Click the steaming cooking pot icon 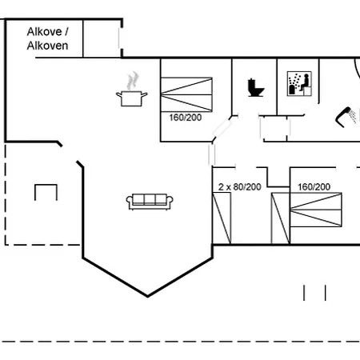point(131,90)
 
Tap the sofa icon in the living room point(150,202)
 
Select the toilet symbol point(255,87)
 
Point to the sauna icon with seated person point(299,83)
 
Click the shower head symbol point(346,117)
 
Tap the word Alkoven point(47,46)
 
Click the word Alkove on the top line point(44,32)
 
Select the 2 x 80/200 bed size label point(239,187)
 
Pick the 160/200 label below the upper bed point(186,118)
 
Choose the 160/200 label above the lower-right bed point(314,187)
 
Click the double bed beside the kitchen point(186,94)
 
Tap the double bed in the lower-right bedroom point(316,210)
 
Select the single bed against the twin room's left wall point(222,218)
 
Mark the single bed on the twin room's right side point(280,218)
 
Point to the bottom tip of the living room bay point(147,296)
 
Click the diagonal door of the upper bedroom point(222,128)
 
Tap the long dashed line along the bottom point(180,342)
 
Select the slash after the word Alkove point(66,32)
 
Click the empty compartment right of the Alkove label point(102,38)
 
